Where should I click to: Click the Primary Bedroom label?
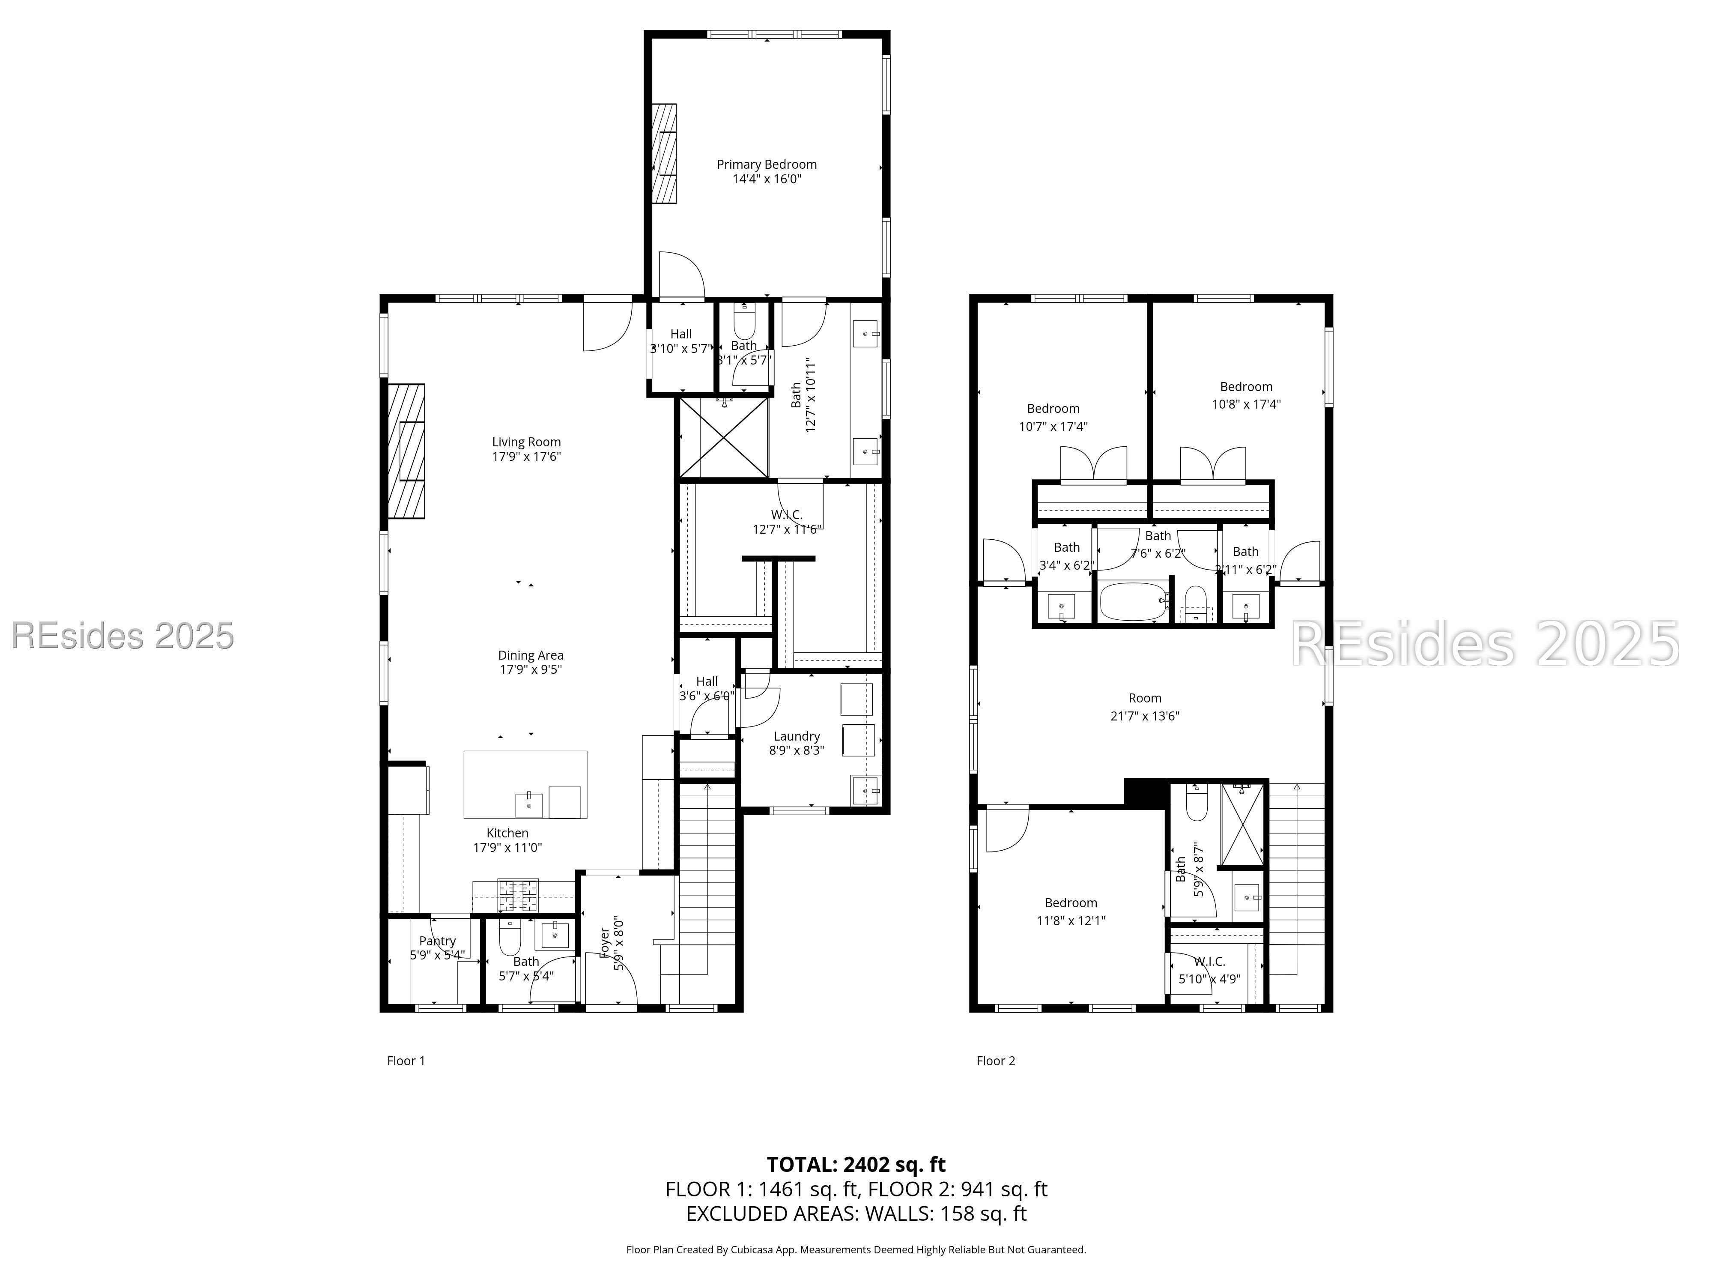tap(766, 164)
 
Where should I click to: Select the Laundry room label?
tap(796, 736)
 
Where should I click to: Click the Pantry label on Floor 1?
tap(438, 941)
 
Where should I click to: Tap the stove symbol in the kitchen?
tap(517, 895)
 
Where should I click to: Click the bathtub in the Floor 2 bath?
tap(1133, 602)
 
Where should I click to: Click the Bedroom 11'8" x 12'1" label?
tap(1070, 903)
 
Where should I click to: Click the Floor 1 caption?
tap(406, 1061)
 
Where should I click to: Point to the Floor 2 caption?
tap(995, 1061)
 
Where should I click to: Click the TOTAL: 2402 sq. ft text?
tap(856, 1164)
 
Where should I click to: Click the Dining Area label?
tap(531, 655)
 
